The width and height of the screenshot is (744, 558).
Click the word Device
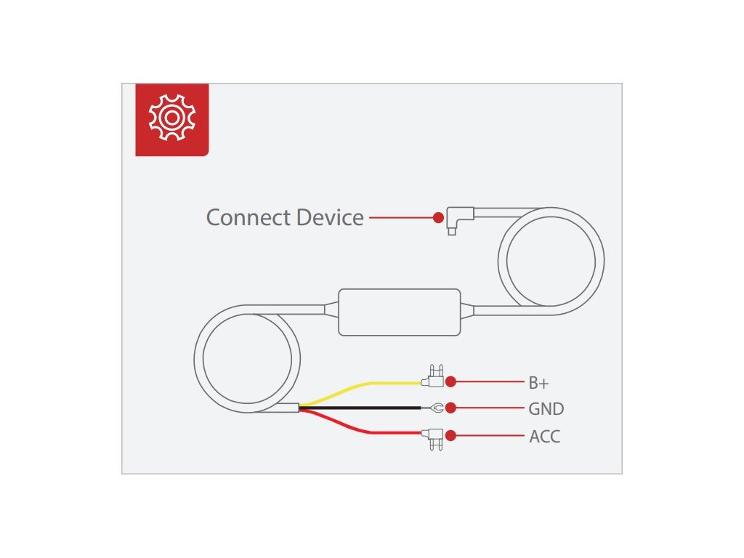tap(329, 217)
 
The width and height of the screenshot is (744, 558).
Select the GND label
tap(546, 409)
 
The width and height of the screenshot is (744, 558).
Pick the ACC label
tap(544, 437)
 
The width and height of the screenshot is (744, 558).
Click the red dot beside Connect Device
tap(438, 217)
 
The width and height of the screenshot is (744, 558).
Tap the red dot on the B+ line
tap(450, 381)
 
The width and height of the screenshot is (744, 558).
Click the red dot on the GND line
tap(450, 408)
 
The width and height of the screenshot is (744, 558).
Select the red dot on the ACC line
tap(450, 436)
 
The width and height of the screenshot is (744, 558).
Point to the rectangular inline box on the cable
tap(400, 311)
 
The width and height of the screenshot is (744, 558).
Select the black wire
tap(363, 408)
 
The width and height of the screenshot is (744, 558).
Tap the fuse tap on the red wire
tap(434, 437)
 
